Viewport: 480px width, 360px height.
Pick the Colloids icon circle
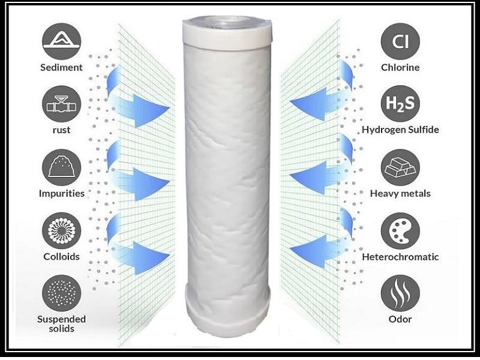click(x=62, y=231)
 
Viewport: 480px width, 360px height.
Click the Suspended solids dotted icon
click(x=62, y=295)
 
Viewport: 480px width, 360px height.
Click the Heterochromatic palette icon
click(x=400, y=231)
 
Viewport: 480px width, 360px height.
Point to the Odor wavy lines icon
click(x=400, y=295)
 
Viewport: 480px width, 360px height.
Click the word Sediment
click(x=62, y=67)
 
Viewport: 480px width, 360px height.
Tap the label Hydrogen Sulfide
click(x=401, y=130)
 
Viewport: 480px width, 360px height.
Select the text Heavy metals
click(x=400, y=194)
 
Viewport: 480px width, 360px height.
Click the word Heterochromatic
click(x=400, y=257)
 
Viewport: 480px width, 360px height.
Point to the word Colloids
click(x=62, y=257)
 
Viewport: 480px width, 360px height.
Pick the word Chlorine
click(x=400, y=67)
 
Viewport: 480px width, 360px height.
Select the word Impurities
click(x=62, y=194)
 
